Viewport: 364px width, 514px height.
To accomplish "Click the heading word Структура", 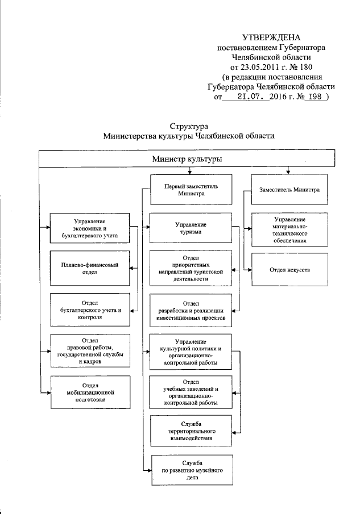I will coord(188,126).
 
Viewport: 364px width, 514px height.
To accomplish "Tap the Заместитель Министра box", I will coord(289,190).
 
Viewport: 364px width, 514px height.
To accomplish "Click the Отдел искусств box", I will coord(289,268).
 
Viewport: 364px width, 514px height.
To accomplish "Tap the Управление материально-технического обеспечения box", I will coord(289,229).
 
